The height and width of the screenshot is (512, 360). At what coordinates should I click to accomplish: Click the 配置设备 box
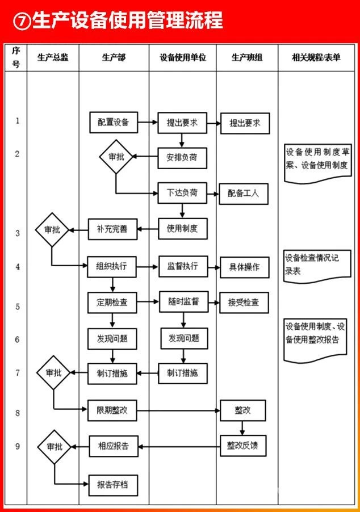click(x=114, y=122)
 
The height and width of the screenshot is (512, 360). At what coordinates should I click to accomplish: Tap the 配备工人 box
click(x=243, y=193)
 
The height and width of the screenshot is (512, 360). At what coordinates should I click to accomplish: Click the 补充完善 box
click(x=112, y=229)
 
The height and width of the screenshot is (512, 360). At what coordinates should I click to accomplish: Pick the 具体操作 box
click(x=244, y=267)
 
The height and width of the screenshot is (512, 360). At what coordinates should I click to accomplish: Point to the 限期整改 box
click(x=112, y=410)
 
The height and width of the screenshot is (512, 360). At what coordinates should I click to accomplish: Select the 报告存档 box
click(x=112, y=484)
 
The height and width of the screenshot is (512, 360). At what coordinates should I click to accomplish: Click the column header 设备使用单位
click(x=182, y=57)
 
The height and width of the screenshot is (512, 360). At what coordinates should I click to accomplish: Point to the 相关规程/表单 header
click(x=316, y=57)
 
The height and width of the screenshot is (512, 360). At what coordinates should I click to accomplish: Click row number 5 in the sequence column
click(x=17, y=307)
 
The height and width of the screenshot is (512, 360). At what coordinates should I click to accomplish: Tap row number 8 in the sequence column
click(x=17, y=413)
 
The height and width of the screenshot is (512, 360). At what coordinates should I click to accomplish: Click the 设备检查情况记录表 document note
click(x=315, y=265)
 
